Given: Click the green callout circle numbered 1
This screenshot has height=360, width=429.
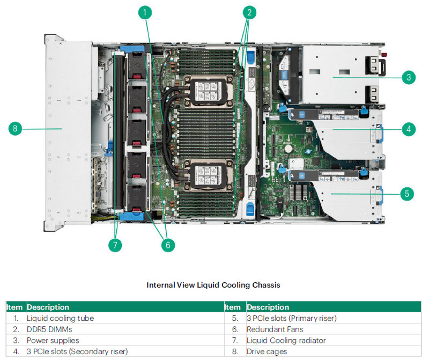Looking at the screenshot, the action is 145,12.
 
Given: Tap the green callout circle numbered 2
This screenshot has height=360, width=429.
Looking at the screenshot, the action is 249,12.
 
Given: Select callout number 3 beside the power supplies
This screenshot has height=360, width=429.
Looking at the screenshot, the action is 409,77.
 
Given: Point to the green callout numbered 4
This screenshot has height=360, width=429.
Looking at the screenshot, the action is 409,129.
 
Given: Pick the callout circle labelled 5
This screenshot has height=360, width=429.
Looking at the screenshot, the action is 407,194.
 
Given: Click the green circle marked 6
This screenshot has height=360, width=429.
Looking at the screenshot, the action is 168,245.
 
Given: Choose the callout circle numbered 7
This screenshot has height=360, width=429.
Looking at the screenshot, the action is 115,245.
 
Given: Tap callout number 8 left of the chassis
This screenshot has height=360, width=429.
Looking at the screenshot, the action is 15,128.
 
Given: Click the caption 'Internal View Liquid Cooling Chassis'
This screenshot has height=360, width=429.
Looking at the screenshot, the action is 213,285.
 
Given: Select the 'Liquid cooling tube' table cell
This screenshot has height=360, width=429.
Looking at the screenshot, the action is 60,318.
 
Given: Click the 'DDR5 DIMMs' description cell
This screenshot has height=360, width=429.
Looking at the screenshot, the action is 49,329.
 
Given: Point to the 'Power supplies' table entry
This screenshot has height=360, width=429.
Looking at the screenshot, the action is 53,341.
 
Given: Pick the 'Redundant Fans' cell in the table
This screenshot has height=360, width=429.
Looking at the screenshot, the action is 275,329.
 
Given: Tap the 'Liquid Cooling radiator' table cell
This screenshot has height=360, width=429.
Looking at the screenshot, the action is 286,341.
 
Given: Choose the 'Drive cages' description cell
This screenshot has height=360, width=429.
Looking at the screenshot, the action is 267,351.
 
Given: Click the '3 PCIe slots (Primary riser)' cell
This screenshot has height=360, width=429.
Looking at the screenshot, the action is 291,318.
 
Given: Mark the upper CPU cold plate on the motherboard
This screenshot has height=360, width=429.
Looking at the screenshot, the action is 208,91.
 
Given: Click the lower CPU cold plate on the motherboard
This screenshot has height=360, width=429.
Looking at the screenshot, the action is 208,175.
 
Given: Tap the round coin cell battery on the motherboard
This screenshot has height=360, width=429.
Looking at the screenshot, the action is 289,149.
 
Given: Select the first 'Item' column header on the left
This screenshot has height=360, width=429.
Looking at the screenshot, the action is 14,307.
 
